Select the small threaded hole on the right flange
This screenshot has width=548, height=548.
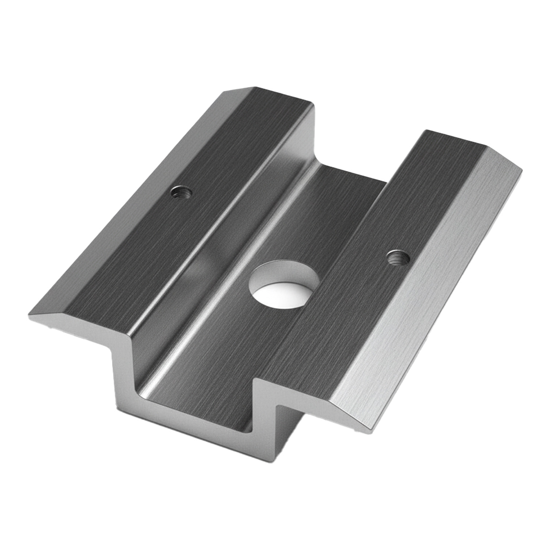398,258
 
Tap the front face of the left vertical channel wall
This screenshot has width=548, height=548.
124,365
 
